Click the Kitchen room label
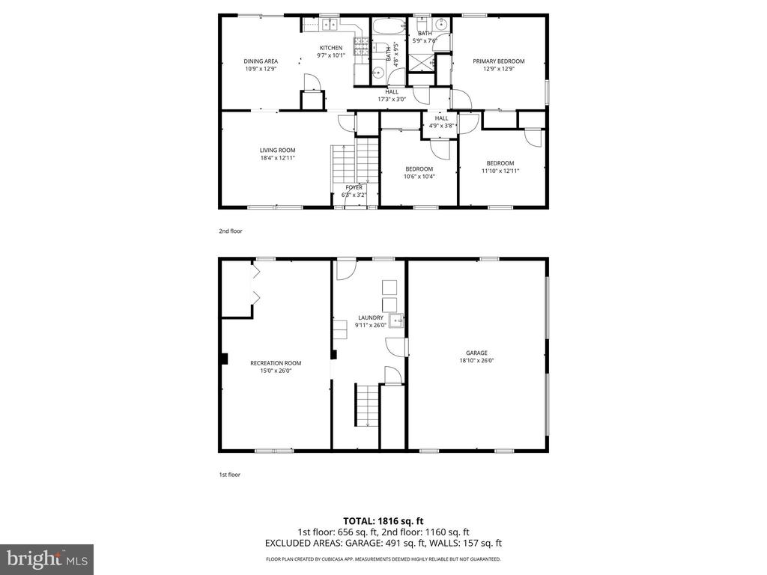pyautogui.click(x=331, y=48)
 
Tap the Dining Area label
pyautogui.click(x=261, y=61)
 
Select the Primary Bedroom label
pyautogui.click(x=498, y=61)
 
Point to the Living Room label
pyautogui.click(x=277, y=150)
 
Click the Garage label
pyautogui.click(x=476, y=353)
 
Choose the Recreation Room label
pyautogui.click(x=276, y=363)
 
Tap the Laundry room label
pyautogui.click(x=371, y=317)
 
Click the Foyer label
pyautogui.click(x=354, y=187)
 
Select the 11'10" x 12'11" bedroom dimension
pyautogui.click(x=500, y=171)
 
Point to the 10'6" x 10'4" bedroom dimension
pyautogui.click(x=419, y=177)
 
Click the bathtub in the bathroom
pyautogui.click(x=389, y=26)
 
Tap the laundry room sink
pyautogui.click(x=395, y=320)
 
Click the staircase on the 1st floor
pyautogui.click(x=367, y=405)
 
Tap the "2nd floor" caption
pyautogui.click(x=231, y=231)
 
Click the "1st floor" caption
pyautogui.click(x=229, y=474)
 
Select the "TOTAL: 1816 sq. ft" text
pyautogui.click(x=383, y=521)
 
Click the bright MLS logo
pyautogui.click(x=47, y=559)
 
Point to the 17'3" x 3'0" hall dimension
pyautogui.click(x=392, y=100)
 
